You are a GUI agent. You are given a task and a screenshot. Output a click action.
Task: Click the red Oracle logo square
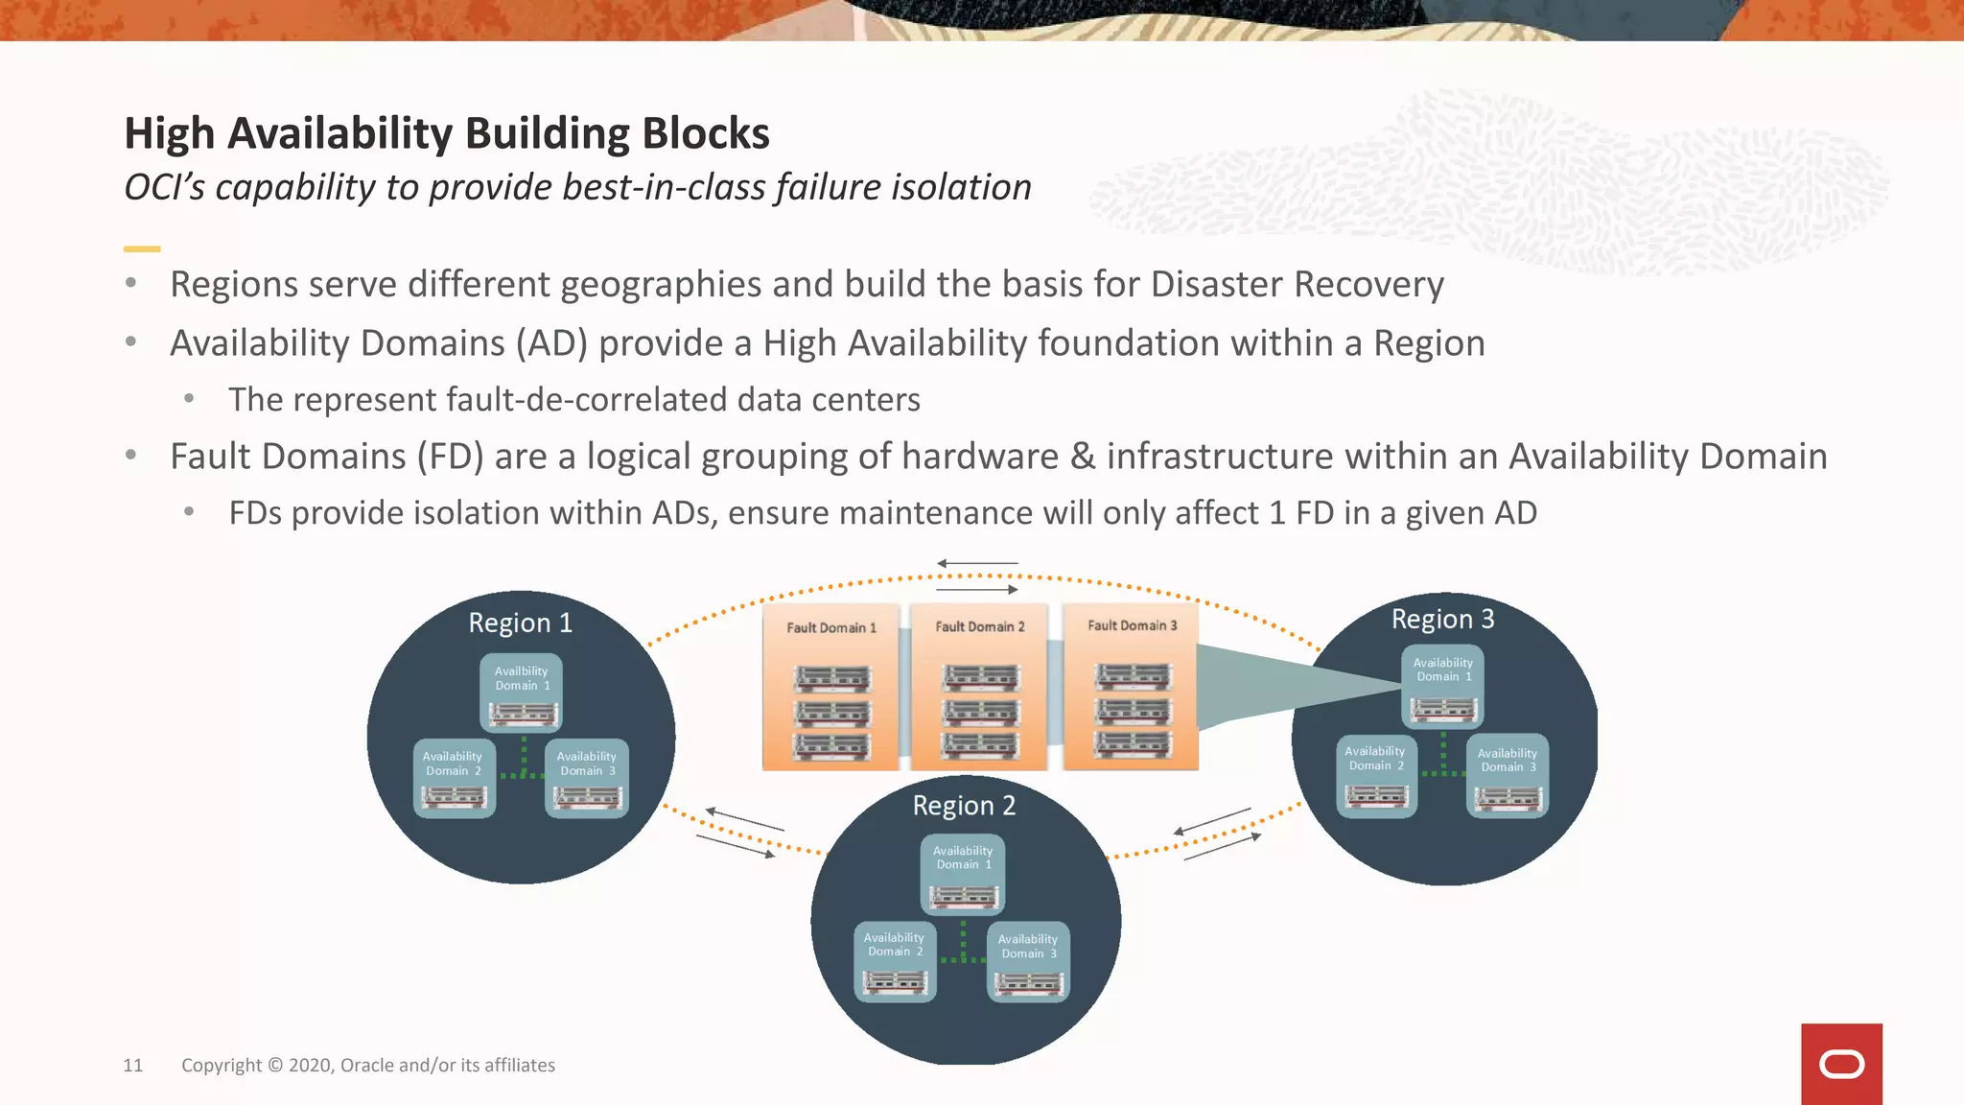click(1841, 1064)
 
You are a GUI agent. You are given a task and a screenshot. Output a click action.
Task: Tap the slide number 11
click(132, 1065)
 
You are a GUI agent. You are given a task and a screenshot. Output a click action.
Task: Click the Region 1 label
click(520, 623)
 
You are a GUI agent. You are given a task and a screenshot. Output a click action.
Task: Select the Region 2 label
click(964, 805)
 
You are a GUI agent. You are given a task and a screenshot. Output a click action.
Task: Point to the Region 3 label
click(1442, 619)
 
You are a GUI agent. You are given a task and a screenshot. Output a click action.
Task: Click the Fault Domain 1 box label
click(831, 627)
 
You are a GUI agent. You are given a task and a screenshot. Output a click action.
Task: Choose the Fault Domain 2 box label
click(980, 626)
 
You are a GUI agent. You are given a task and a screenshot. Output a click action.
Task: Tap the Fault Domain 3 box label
click(1132, 625)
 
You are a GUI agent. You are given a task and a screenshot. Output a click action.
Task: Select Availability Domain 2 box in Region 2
click(894, 961)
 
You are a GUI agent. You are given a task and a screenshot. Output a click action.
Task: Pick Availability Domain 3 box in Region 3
click(1507, 775)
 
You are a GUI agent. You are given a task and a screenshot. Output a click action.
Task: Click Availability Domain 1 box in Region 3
click(1442, 686)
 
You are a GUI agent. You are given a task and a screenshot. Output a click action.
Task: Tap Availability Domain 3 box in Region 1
click(586, 777)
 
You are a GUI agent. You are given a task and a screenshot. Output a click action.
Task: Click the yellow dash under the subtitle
click(142, 248)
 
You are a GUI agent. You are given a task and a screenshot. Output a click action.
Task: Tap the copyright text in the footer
click(367, 1065)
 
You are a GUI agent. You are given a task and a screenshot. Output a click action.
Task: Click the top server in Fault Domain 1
click(831, 678)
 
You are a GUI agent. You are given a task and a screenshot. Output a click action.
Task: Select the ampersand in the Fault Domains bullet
click(1082, 457)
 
